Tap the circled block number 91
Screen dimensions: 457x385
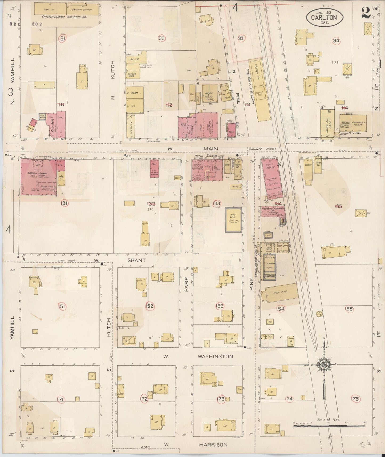(x=63, y=38)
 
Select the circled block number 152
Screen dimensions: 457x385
(x=149, y=306)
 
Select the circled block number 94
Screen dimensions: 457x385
(x=336, y=41)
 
